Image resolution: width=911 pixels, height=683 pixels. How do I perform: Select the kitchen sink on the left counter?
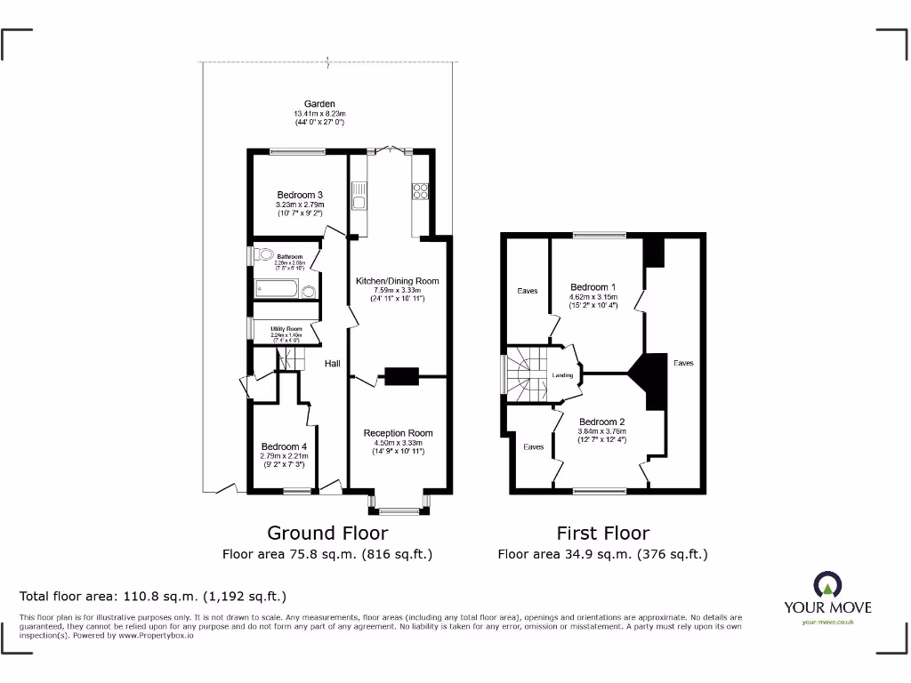(x=359, y=195)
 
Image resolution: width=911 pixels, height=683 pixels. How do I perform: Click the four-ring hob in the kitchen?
(x=419, y=191)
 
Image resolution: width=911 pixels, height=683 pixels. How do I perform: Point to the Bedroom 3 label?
(x=299, y=195)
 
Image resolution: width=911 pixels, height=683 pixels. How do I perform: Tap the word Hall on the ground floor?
(x=332, y=364)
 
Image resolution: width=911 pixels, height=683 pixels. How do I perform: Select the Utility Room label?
(x=286, y=329)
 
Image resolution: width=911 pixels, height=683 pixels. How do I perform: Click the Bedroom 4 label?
(x=284, y=446)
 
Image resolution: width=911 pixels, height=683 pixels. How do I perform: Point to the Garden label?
(x=319, y=104)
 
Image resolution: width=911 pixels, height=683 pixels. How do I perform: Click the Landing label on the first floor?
(x=562, y=375)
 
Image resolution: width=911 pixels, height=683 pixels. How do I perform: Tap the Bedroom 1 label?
(x=593, y=287)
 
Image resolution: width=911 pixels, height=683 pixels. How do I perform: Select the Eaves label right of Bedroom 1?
(x=683, y=363)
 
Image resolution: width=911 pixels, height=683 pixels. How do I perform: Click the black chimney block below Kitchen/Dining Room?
(x=400, y=376)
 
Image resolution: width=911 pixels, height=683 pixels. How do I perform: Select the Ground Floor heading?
(x=327, y=533)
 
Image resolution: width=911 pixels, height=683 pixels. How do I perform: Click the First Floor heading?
(x=602, y=533)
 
